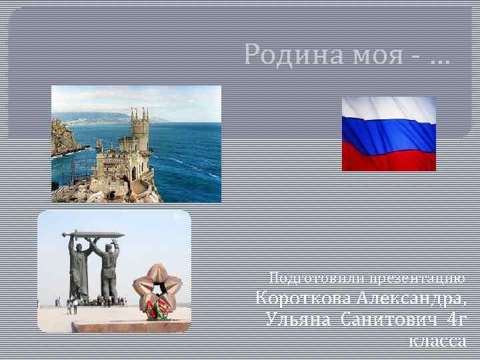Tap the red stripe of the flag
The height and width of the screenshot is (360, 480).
coord(389,159)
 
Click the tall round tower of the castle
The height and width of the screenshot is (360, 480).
coord(140,130)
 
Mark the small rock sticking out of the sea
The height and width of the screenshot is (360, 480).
coord(99,145)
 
